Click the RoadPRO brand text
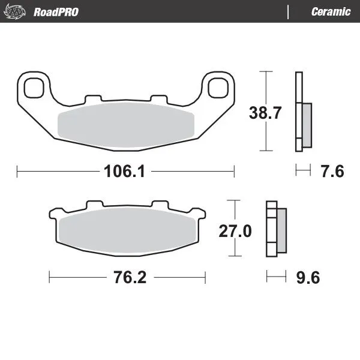(56, 12)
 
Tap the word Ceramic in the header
(331, 12)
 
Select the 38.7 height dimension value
(265, 112)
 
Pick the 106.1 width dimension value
(125, 172)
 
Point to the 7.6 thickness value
(332, 172)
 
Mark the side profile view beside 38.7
(303, 112)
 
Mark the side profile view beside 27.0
(275, 230)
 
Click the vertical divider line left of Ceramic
(289, 12)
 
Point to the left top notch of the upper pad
(92, 98)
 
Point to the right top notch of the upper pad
(157, 98)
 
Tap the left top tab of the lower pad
(93, 205)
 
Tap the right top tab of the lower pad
(161, 205)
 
